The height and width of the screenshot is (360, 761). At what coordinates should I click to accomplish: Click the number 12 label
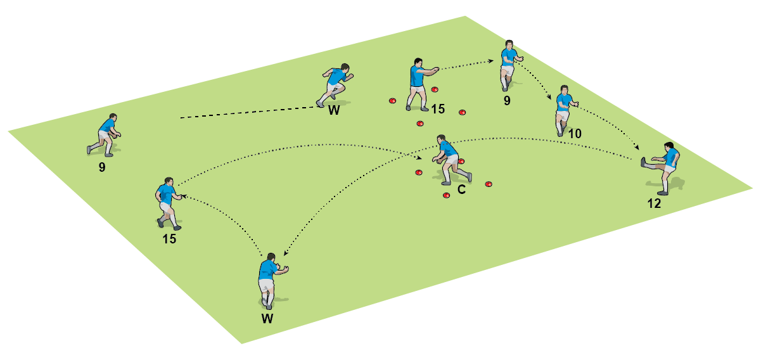(x=655, y=203)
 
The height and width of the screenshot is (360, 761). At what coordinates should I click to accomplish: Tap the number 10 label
(x=575, y=134)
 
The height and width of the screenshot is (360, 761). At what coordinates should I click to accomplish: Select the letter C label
(x=461, y=190)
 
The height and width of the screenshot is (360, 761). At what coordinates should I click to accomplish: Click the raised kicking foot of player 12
(x=644, y=162)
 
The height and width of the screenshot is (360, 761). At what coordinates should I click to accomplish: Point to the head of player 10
(x=563, y=90)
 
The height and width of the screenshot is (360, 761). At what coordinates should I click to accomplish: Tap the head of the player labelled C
(x=442, y=139)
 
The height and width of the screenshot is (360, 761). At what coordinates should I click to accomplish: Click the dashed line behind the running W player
(x=247, y=113)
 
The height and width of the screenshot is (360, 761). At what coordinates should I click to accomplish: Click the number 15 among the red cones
(x=438, y=109)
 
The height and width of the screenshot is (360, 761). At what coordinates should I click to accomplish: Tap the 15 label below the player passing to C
(x=169, y=239)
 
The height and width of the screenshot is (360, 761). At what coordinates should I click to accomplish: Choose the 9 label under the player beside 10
(x=507, y=100)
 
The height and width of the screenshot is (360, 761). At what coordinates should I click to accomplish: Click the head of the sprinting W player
(x=345, y=67)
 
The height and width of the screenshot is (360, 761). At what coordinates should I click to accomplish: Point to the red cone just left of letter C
(x=446, y=195)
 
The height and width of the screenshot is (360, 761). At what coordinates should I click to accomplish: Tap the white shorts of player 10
(x=562, y=115)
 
